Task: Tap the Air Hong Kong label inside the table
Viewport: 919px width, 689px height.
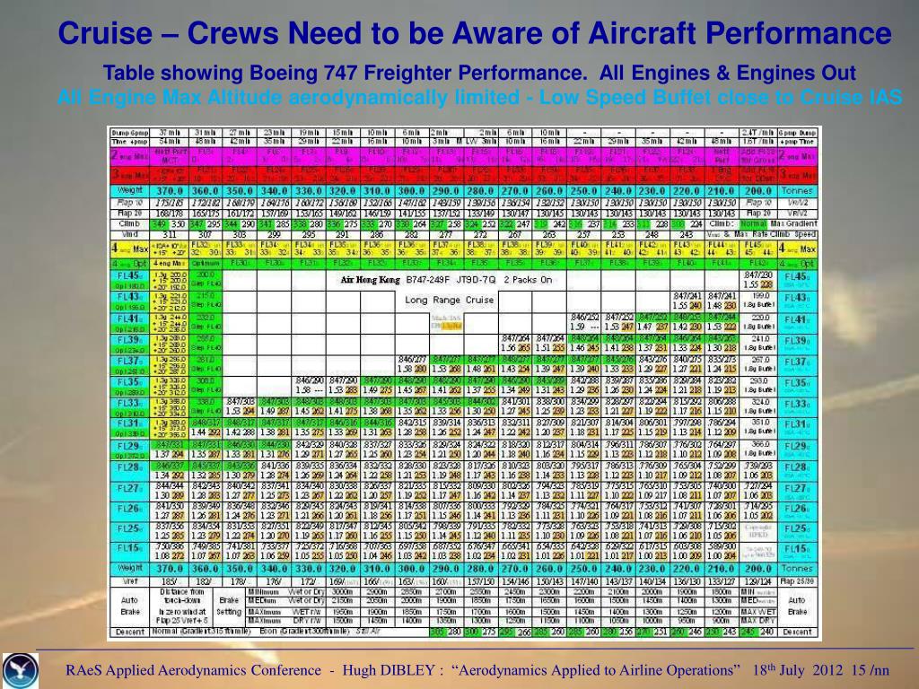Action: pos(370,279)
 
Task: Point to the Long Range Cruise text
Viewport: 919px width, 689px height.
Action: pos(449,300)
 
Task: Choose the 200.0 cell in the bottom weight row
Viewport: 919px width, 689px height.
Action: pos(757,569)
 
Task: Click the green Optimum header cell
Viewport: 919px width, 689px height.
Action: pos(206,264)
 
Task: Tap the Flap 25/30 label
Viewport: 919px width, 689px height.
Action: pos(797,581)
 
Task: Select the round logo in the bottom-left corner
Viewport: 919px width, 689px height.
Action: pos(21,668)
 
